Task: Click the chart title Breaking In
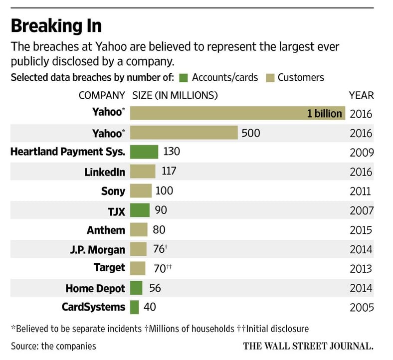(x=56, y=26)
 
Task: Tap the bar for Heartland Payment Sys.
(x=144, y=152)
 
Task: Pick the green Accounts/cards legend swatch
(x=183, y=77)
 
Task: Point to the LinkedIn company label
(x=105, y=172)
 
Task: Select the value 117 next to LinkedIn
(x=170, y=172)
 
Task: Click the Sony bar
(x=141, y=191)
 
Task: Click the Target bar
(x=138, y=268)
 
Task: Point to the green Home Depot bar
(x=136, y=288)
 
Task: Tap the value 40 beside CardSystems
(x=150, y=307)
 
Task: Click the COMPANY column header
(x=101, y=95)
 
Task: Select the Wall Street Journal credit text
(x=308, y=346)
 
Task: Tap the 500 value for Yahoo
(x=251, y=133)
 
